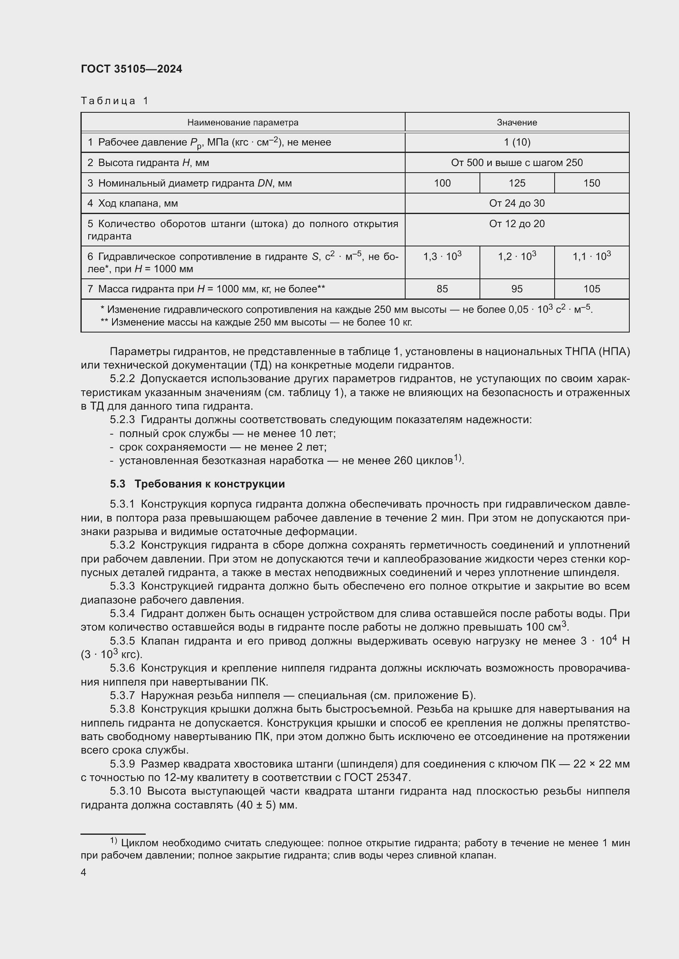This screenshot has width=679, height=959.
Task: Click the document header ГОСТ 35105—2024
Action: pyautogui.click(x=131, y=69)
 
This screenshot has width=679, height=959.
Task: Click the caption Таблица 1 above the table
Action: pyautogui.click(x=115, y=101)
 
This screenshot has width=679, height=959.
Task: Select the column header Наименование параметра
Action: pyautogui.click(x=243, y=122)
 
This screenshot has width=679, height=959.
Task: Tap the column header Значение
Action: pyautogui.click(x=517, y=122)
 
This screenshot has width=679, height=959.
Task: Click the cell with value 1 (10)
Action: pyautogui.click(x=517, y=142)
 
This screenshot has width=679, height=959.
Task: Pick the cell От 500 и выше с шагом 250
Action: pyautogui.click(x=517, y=162)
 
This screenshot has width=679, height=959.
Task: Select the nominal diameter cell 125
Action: pyautogui.click(x=517, y=183)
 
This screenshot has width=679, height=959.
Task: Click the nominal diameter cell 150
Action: pyautogui.click(x=591, y=183)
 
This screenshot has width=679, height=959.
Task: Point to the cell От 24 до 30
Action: pyautogui.click(x=517, y=203)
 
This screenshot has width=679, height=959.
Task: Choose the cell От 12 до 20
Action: pyautogui.click(x=517, y=224)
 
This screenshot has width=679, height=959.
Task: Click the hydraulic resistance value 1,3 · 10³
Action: pyautogui.click(x=442, y=256)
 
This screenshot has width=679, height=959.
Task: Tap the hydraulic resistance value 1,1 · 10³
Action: pyautogui.click(x=591, y=256)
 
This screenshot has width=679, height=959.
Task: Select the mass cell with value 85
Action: pyautogui.click(x=442, y=289)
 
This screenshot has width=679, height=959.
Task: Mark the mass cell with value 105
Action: pyautogui.click(x=591, y=289)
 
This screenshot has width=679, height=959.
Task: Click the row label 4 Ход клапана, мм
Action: pyautogui.click(x=133, y=203)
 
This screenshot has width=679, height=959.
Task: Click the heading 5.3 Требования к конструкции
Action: pyautogui.click(x=197, y=484)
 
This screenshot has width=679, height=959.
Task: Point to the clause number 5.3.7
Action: pyautogui.click(x=122, y=695)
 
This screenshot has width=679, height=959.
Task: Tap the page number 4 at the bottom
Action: pyautogui.click(x=84, y=872)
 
